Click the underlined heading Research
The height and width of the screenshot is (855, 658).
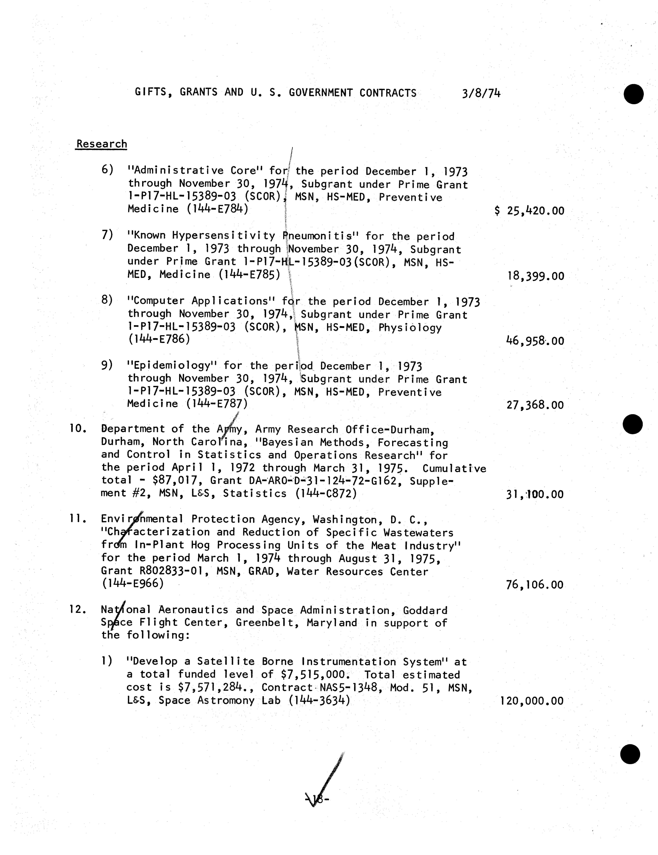pos(101,144)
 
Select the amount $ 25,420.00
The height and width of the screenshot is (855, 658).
pos(529,211)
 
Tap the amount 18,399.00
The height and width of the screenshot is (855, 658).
pos(535,276)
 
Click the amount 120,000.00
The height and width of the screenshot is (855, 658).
pos(532,701)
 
